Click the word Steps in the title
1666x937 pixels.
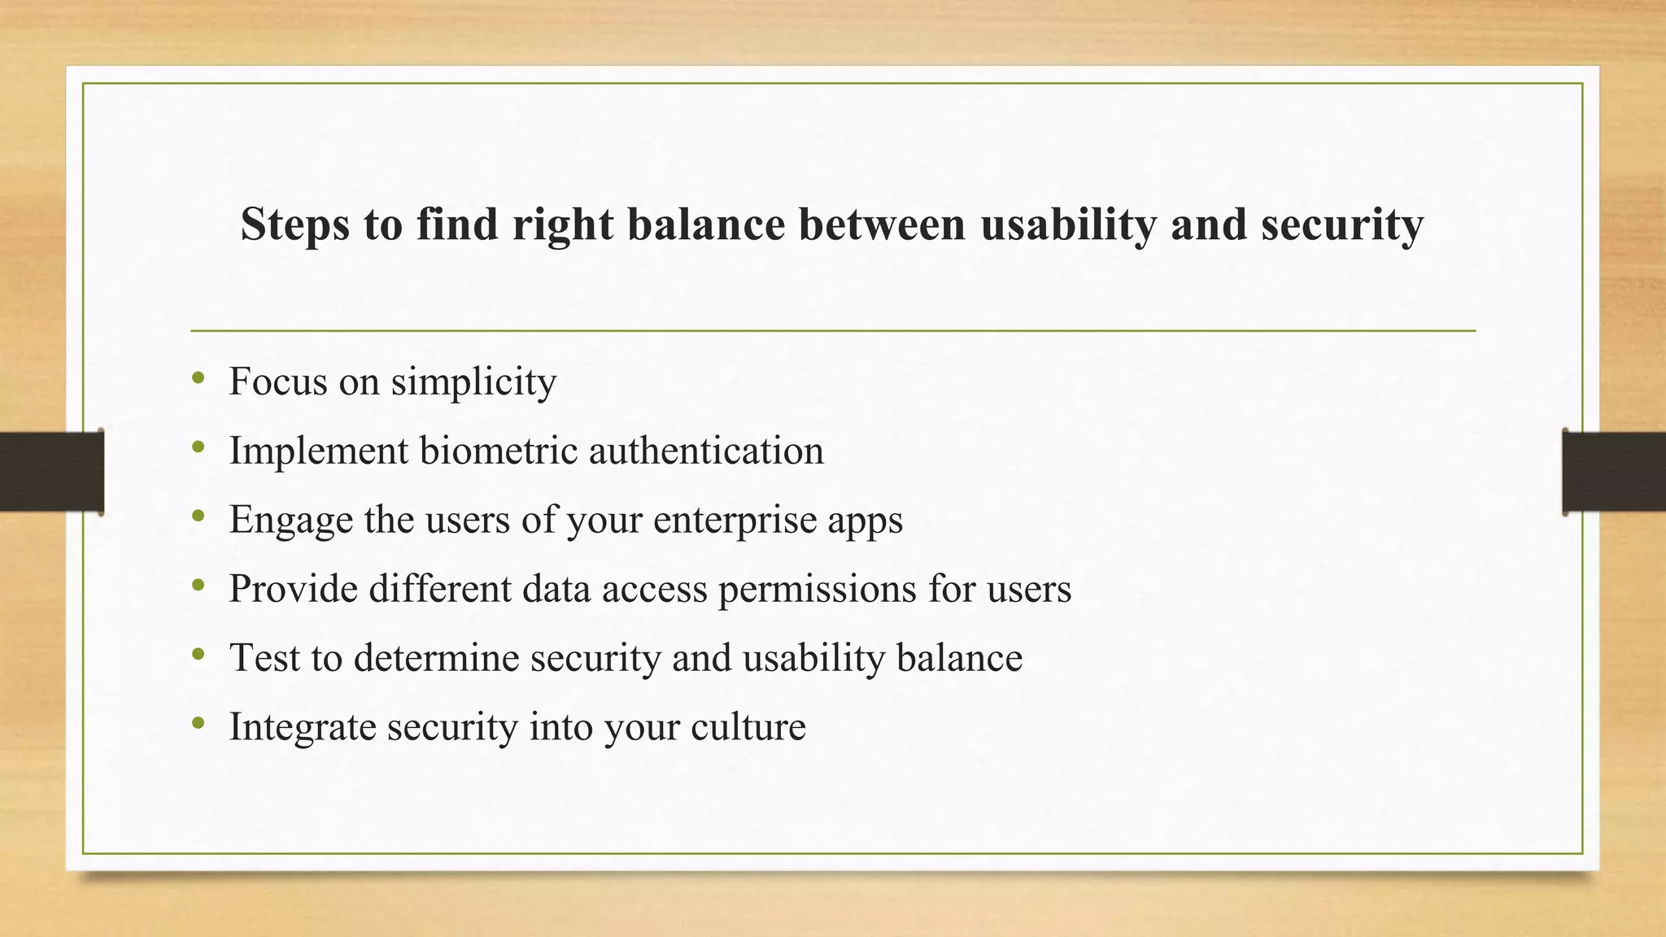294,224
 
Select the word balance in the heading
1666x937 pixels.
706,224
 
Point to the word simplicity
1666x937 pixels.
473,381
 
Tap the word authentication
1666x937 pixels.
706,450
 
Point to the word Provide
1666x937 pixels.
293,588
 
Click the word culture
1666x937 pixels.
748,726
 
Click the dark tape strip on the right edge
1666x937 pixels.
1614,472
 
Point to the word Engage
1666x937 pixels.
290,521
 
